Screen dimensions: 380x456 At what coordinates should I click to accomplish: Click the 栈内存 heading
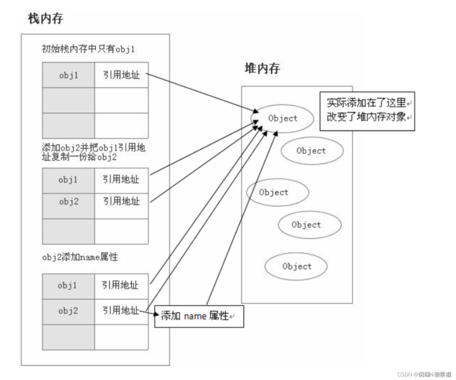45,18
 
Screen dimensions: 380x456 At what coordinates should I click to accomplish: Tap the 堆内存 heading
262,68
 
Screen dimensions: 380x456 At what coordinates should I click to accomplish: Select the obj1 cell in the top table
69,75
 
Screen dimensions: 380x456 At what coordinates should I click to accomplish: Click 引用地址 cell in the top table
121,75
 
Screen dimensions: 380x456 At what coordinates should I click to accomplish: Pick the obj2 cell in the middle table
69,202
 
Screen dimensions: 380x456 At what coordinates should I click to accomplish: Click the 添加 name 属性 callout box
199,316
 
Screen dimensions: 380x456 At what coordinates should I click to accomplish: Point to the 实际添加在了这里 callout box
367,111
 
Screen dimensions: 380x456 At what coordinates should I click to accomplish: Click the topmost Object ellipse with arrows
283,119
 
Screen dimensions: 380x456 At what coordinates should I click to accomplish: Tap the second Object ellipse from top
312,151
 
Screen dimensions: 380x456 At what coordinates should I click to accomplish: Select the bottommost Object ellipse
296,266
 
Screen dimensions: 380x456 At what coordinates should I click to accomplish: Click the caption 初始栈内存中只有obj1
88,49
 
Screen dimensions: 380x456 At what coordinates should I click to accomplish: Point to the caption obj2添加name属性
80,257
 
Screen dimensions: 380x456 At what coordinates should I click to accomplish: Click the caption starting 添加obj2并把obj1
93,152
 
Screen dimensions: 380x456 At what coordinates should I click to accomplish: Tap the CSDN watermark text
424,374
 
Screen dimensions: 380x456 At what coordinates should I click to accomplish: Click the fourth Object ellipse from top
309,225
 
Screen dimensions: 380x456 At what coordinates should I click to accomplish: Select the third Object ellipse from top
277,192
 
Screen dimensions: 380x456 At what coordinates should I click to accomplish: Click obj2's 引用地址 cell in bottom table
120,311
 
